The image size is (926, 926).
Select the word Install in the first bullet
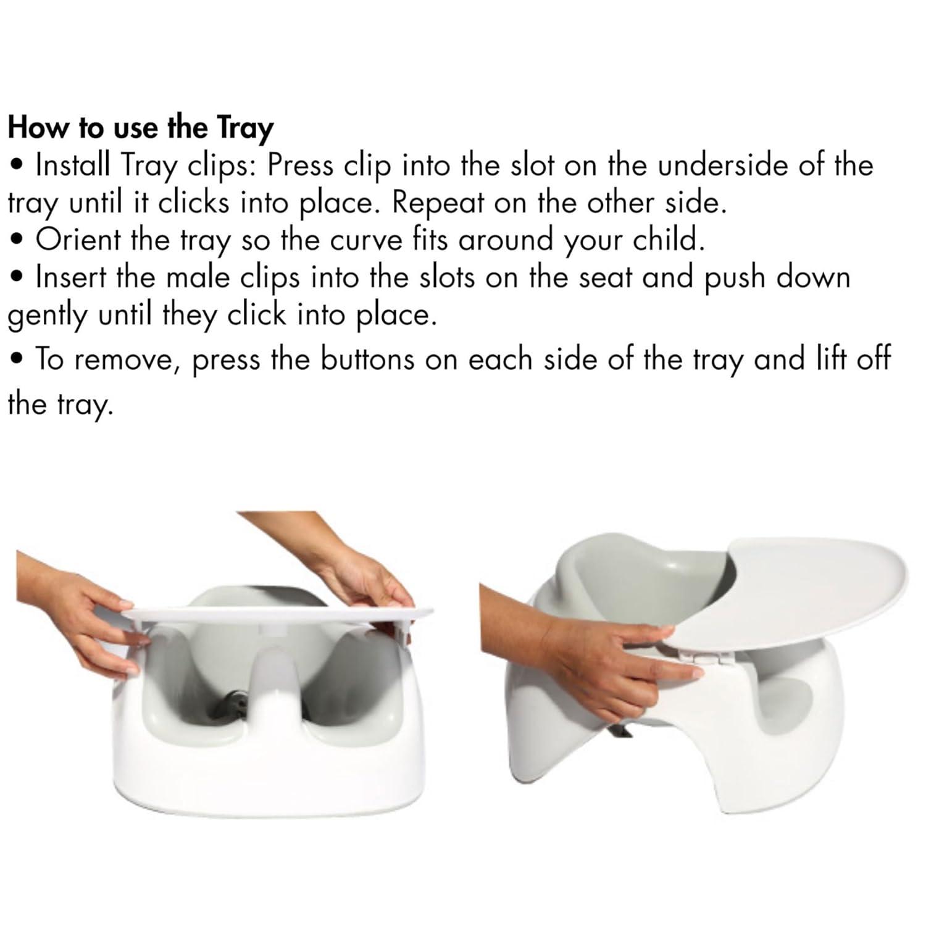[x=73, y=165]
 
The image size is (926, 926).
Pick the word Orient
[x=77, y=240]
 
